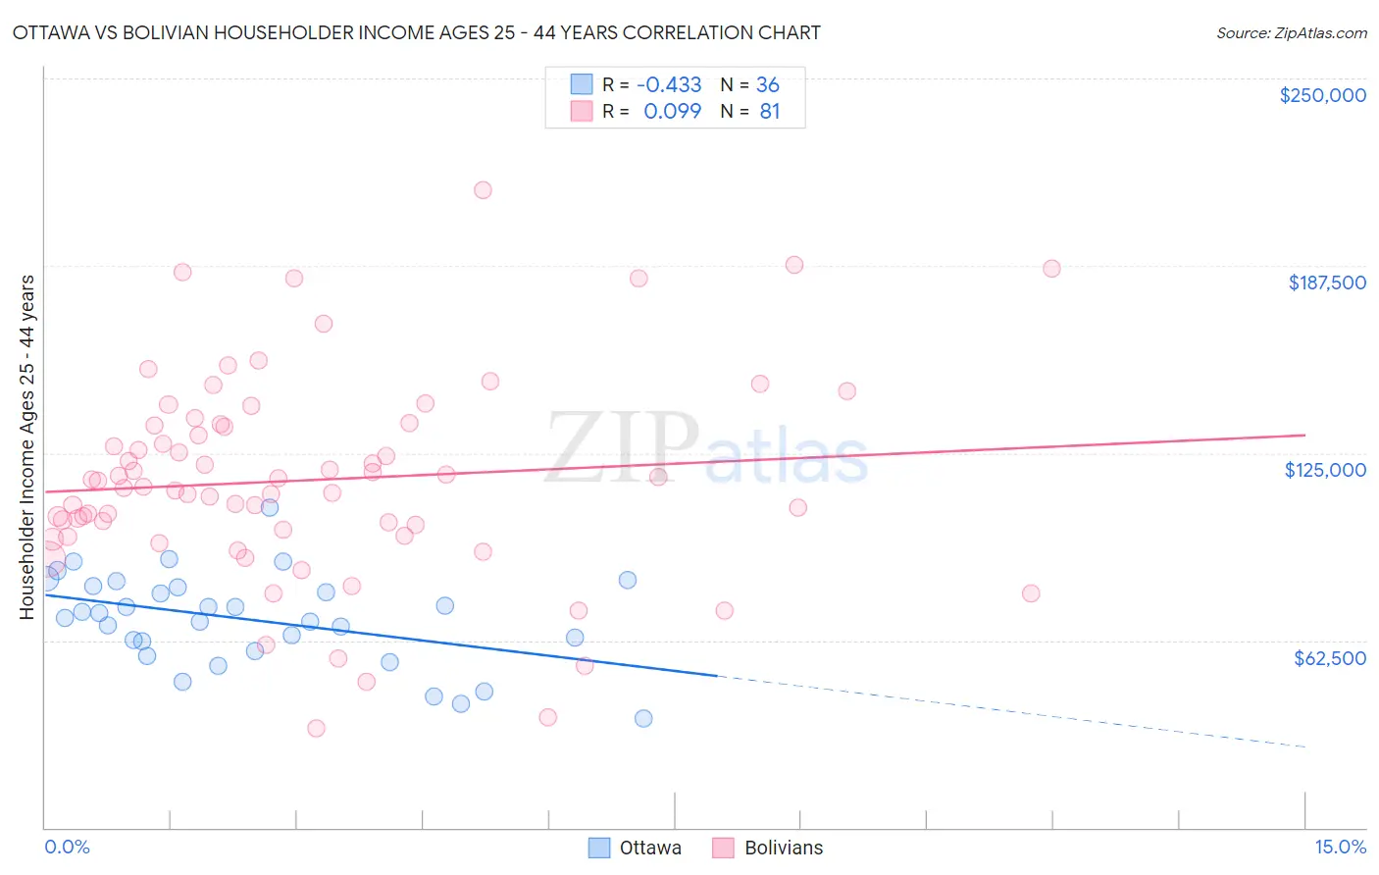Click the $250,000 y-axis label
pos(1322,95)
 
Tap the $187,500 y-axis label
pos(1326,283)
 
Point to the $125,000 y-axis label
pos(1325,470)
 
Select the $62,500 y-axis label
pos(1329,658)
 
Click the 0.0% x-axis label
pos(67,847)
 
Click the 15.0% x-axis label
pos(1340,847)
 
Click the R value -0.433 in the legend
pos(669,84)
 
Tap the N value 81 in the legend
pos(769,112)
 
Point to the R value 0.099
pos(672,112)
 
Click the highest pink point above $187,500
pos(483,190)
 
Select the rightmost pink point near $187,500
pos(1051,269)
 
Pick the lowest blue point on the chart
pos(643,718)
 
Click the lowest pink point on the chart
pos(316,728)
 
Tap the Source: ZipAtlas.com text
pos(1291,32)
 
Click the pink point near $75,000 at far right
pos(1030,593)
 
